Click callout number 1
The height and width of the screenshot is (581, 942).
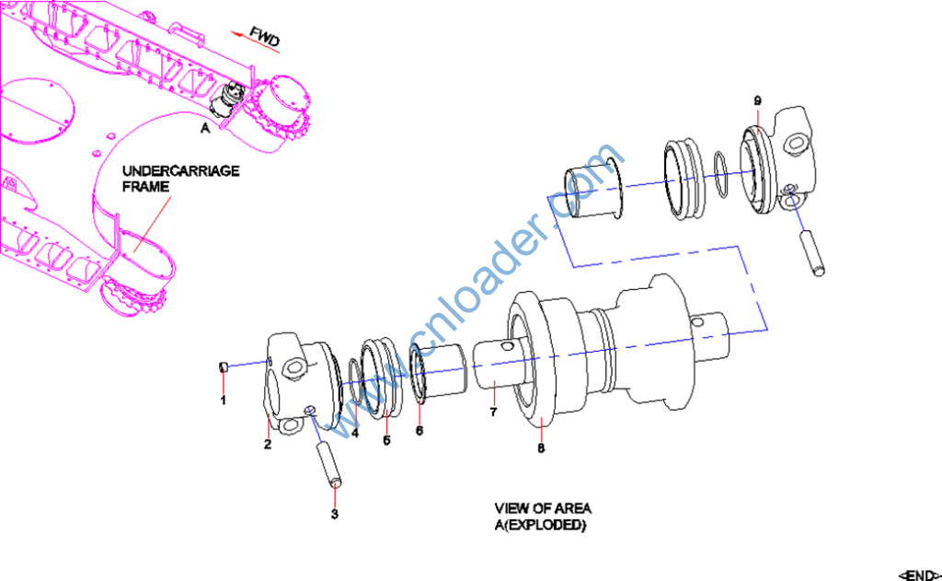point(222,401)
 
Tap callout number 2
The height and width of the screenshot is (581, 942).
point(267,446)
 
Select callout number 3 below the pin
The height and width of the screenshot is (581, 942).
point(335,513)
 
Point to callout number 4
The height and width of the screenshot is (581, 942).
point(355,433)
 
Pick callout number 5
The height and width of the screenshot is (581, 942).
point(386,440)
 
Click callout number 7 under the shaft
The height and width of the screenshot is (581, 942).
point(493,412)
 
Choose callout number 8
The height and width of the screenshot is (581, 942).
point(541,447)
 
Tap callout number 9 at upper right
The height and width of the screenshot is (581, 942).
point(757,99)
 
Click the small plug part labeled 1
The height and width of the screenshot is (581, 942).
point(223,367)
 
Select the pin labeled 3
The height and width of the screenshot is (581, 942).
point(329,464)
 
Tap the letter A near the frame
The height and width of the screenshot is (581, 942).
point(205,130)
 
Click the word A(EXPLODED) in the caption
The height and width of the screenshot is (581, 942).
point(541,525)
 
